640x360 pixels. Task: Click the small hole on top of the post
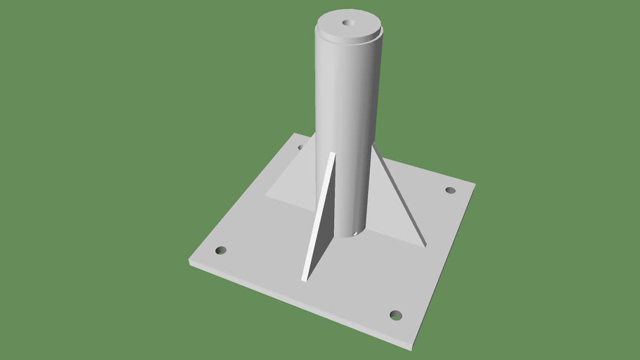coord(347,22)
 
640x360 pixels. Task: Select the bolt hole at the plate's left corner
coord(221,250)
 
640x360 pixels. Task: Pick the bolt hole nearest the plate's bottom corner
coord(396,314)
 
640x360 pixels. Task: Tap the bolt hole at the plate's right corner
coord(451,190)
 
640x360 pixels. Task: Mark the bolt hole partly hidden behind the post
coord(300,148)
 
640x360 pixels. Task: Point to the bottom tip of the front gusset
coord(304,280)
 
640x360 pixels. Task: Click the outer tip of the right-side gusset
coord(424,244)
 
